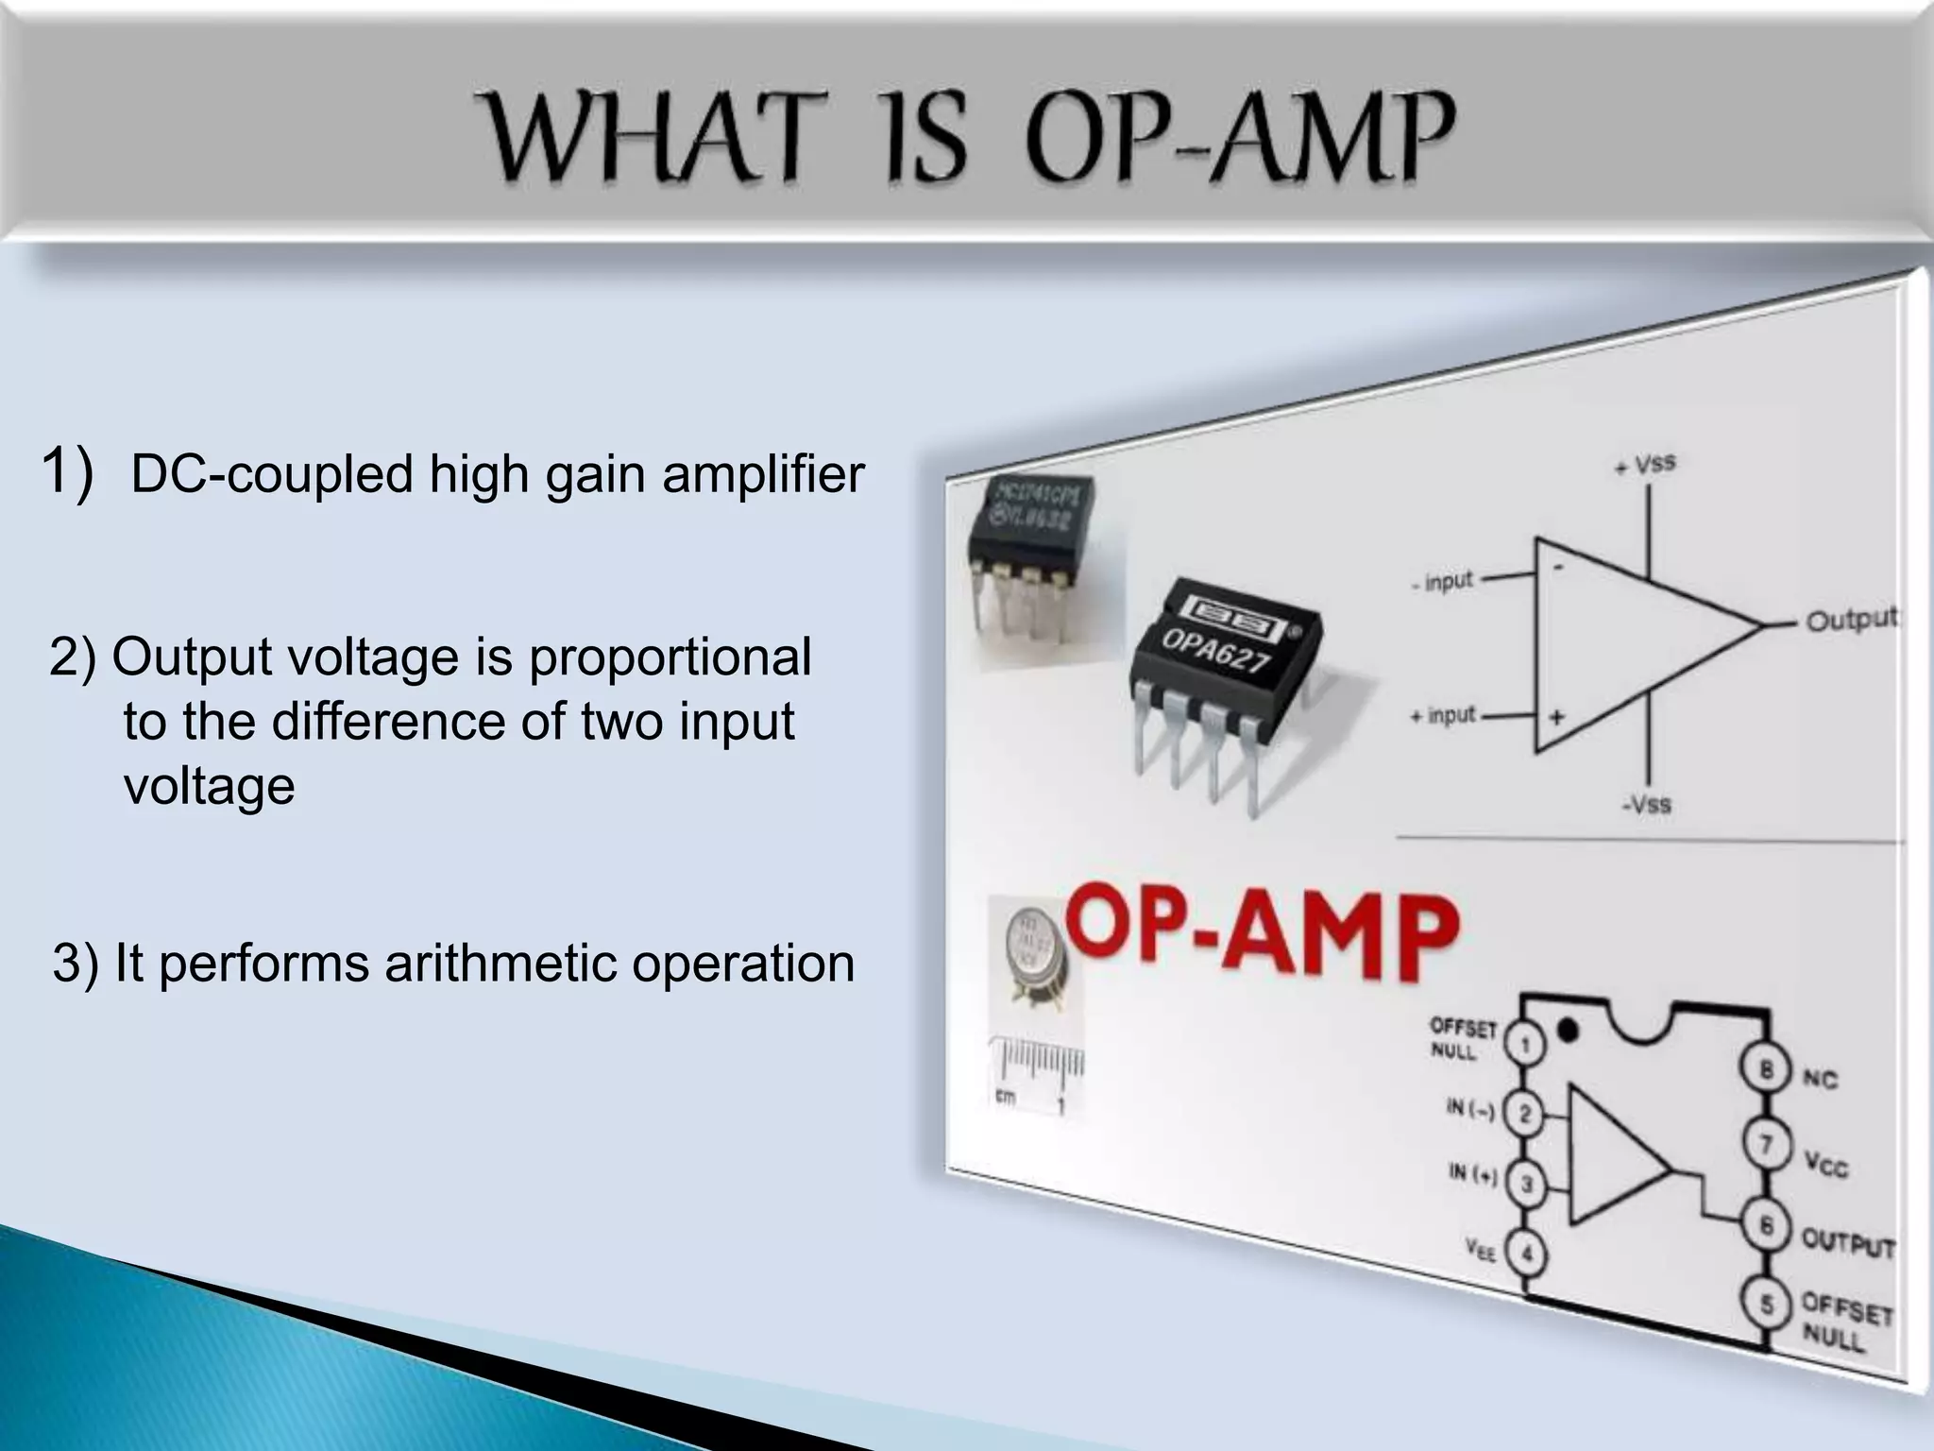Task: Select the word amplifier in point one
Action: (x=763, y=474)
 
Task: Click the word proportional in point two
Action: (x=670, y=658)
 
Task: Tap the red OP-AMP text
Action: (x=1263, y=932)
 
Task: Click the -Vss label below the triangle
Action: (x=1646, y=805)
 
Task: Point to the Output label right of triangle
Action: (x=1851, y=620)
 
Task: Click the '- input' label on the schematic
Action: (x=1442, y=581)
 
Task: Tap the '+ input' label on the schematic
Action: (x=1442, y=716)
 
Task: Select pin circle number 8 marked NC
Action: (x=1765, y=1069)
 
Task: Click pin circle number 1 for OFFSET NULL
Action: (x=1524, y=1043)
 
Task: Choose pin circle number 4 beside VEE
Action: (x=1523, y=1255)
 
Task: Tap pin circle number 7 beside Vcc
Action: (x=1765, y=1145)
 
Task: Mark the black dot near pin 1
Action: (x=1569, y=1029)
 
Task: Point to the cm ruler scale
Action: (x=1036, y=1072)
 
